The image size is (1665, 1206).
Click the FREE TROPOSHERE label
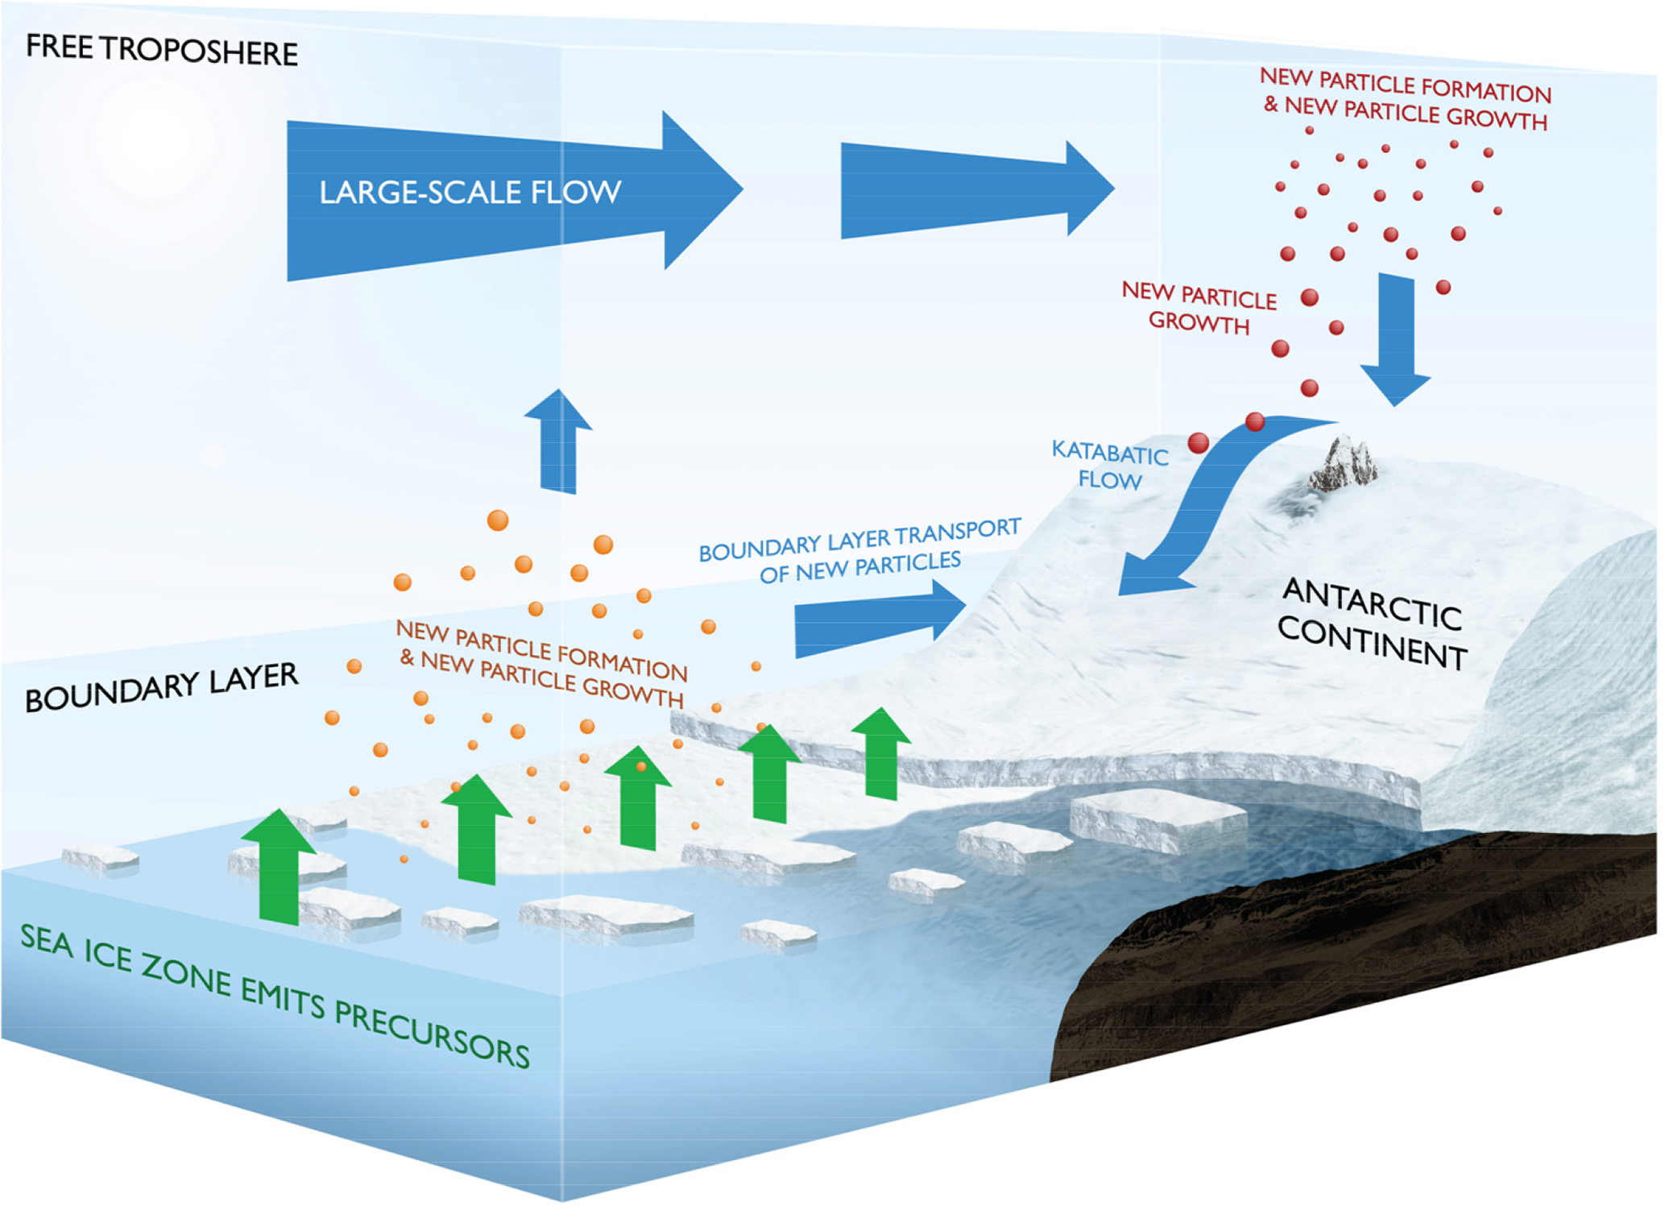pos(161,50)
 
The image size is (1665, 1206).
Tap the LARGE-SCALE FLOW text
pos(470,193)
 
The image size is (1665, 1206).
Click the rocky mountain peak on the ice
pos(1344,466)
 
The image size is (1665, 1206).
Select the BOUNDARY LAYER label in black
pos(161,687)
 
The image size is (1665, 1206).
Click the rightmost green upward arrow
pos(881,753)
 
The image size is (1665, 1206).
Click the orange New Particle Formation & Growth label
pos(542,662)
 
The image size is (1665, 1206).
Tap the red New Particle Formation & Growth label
pos(1406,98)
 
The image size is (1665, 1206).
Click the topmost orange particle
pos(498,520)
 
